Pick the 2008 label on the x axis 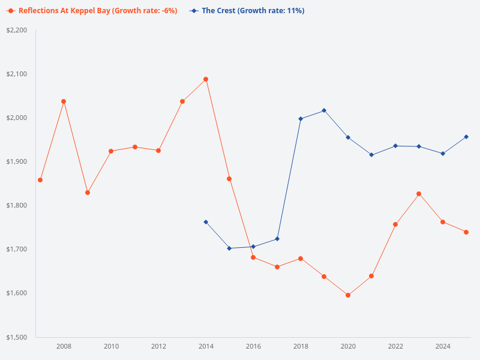[x=64, y=346]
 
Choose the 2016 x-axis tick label [x=253, y=346]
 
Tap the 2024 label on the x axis [x=443, y=346]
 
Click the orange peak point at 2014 [x=206, y=79]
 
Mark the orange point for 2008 [x=64, y=101]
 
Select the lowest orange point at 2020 [x=348, y=295]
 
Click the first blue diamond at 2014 [x=206, y=222]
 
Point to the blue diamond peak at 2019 [x=324, y=110]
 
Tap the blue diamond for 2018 [x=301, y=119]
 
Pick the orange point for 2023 [x=419, y=194]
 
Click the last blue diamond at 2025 [x=466, y=137]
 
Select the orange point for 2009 [x=88, y=193]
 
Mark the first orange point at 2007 [x=40, y=180]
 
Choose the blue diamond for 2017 [x=277, y=239]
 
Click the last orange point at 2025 [x=466, y=232]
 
